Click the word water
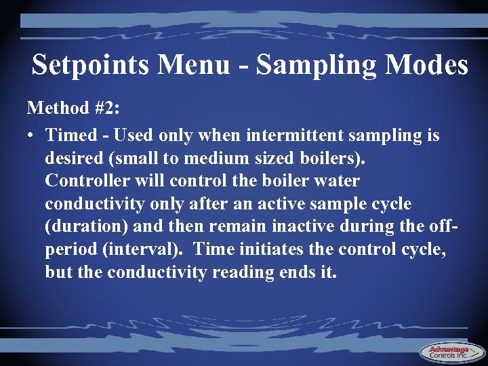coord(335,182)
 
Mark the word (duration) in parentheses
coord(81,227)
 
